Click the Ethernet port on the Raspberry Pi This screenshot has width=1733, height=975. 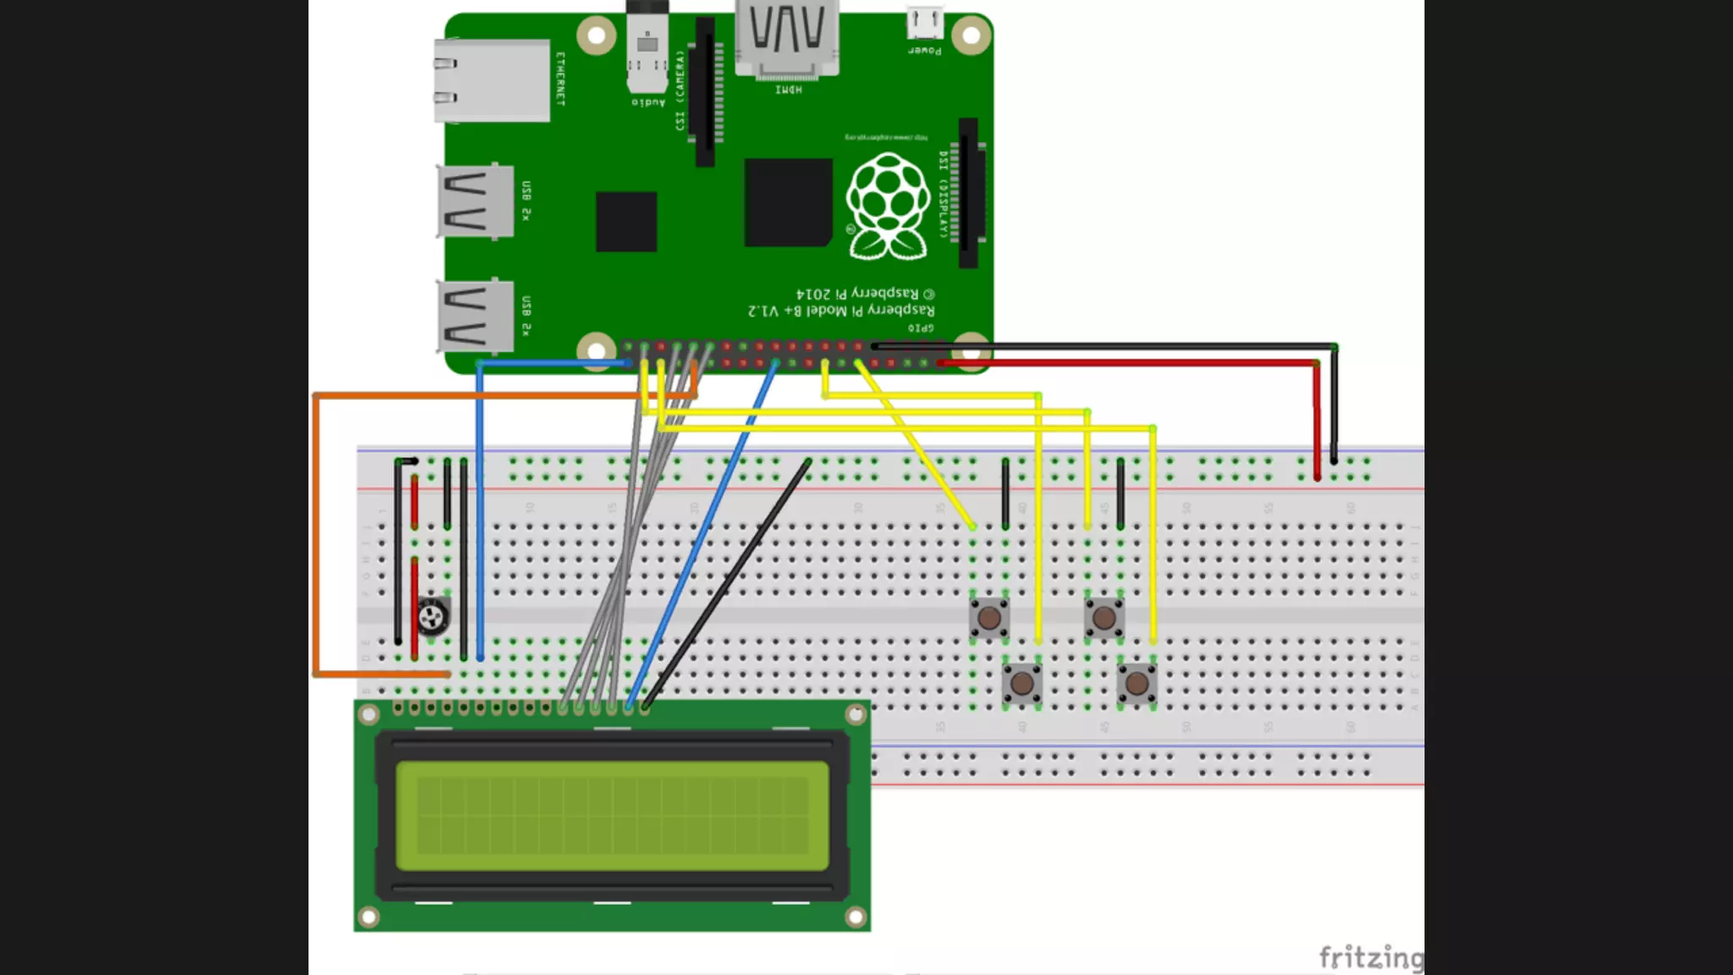click(492, 80)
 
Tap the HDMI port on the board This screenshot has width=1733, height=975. click(787, 38)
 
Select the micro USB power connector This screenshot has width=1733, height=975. click(925, 23)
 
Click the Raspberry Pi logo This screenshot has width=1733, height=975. click(888, 207)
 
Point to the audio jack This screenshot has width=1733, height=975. click(647, 51)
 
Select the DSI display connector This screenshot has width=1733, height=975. click(968, 193)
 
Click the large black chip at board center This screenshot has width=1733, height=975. click(788, 203)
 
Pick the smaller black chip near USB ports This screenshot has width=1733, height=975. click(626, 222)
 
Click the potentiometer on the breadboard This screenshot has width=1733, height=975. click(432, 616)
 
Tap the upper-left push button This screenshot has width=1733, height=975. click(989, 618)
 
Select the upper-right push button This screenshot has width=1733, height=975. click(1104, 618)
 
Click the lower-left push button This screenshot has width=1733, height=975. click(1022, 682)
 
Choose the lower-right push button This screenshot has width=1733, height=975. click(1137, 682)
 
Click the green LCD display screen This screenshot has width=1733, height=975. click(612, 816)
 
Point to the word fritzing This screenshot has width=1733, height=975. click(1371, 957)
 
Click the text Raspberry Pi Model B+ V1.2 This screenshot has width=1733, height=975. click(841, 311)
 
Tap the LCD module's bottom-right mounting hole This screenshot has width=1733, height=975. click(855, 917)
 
